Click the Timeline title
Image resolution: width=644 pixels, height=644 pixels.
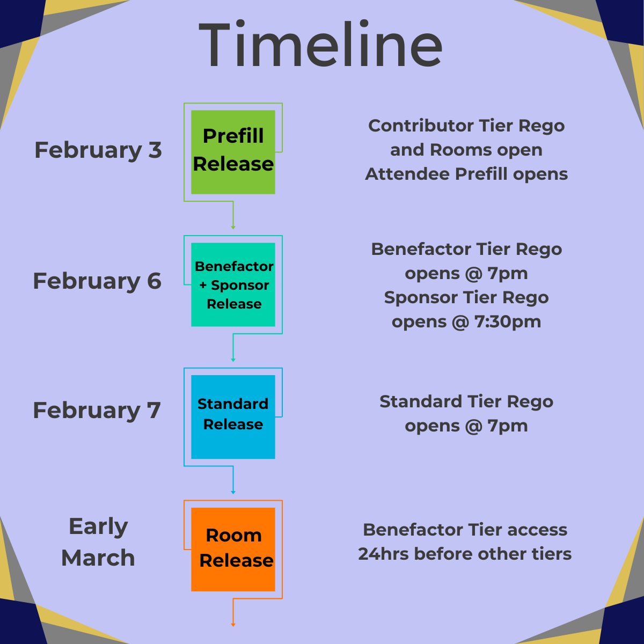tap(321, 45)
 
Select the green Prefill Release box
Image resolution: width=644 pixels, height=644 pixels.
tap(233, 152)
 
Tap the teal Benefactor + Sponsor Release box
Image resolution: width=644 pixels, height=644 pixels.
tap(233, 284)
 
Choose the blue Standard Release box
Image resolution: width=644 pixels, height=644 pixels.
tap(233, 416)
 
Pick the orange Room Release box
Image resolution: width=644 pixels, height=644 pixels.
tap(233, 549)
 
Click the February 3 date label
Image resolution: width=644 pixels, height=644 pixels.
tap(98, 150)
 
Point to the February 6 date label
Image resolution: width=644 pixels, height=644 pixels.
tap(97, 281)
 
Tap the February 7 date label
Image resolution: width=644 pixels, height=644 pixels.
tap(97, 411)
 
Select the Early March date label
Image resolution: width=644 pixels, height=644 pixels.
tap(98, 542)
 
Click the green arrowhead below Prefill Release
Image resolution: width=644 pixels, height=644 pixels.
tap(233, 227)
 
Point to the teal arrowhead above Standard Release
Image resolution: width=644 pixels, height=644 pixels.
tap(233, 359)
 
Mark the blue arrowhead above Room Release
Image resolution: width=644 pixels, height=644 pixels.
tap(233, 492)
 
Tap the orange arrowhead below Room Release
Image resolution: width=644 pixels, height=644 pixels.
tap(233, 624)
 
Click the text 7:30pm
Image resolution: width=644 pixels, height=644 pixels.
tap(508, 322)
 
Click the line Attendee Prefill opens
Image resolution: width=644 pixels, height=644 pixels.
tap(466, 174)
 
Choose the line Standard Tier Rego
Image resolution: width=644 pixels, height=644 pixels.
tap(466, 401)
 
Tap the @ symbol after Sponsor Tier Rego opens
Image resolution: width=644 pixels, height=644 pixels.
tap(459, 322)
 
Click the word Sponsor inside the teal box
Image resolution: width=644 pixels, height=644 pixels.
tap(240, 285)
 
